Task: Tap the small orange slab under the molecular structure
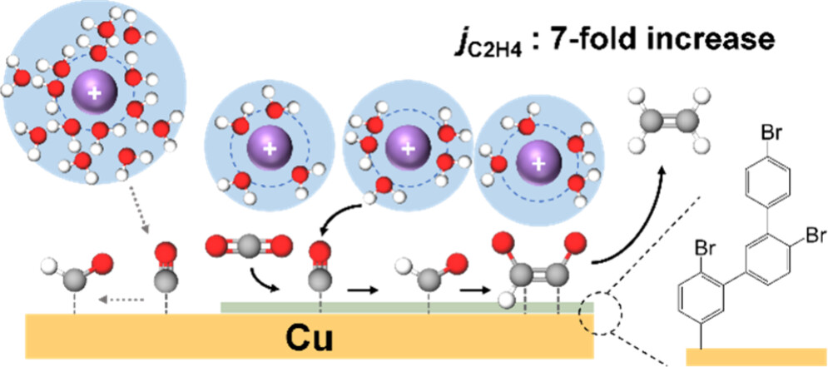(x=754, y=357)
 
